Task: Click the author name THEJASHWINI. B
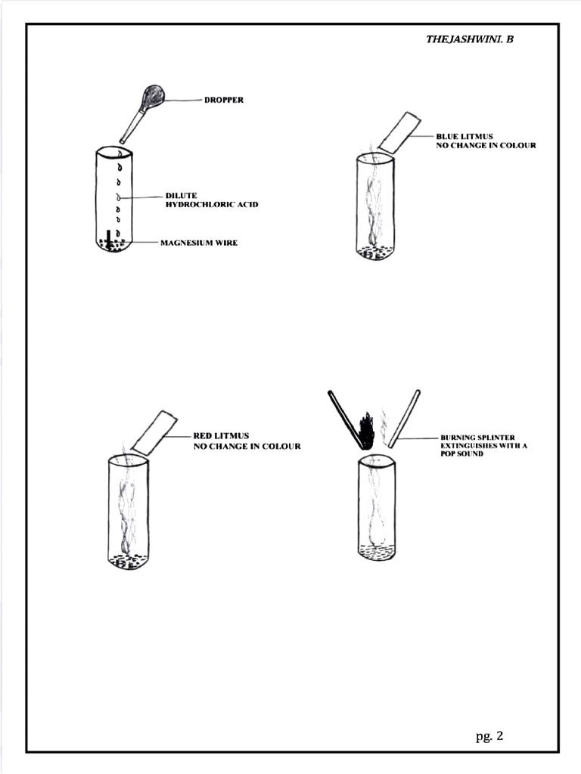(x=469, y=39)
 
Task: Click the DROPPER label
(x=224, y=100)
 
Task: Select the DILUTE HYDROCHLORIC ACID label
(x=212, y=200)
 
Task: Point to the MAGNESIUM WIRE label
(x=199, y=243)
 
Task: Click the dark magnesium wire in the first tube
(x=109, y=238)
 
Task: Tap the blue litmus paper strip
(x=399, y=132)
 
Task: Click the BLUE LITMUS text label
(x=464, y=136)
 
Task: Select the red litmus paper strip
(x=154, y=432)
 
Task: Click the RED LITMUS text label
(x=222, y=436)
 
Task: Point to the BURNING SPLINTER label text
(x=477, y=437)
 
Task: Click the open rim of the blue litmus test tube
(x=375, y=158)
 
